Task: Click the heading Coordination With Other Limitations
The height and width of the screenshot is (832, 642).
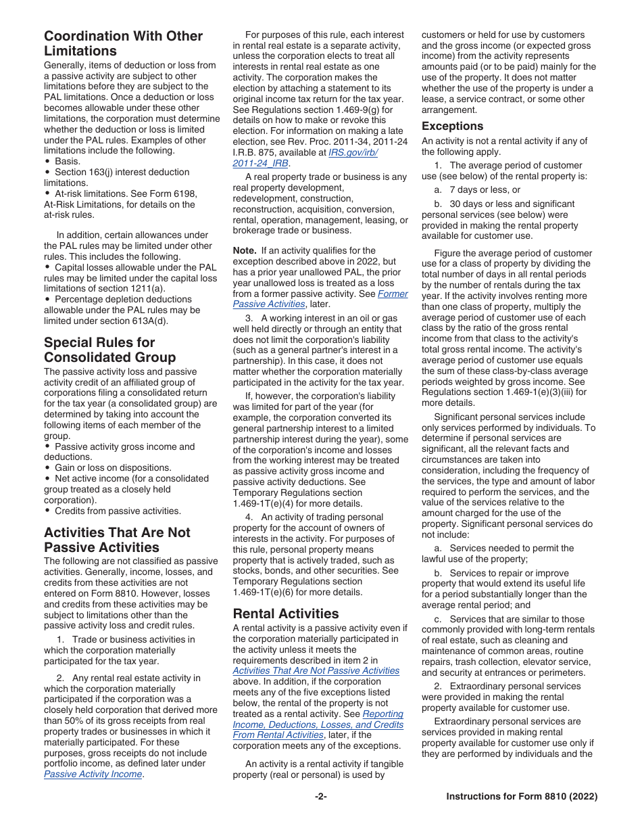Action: [x=123, y=43]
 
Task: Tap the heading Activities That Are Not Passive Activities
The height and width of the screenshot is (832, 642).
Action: [x=117, y=540]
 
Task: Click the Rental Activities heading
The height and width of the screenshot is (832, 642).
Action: [x=286, y=614]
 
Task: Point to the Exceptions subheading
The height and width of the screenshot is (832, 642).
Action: [x=452, y=126]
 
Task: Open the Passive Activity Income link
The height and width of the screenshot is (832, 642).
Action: [x=93, y=774]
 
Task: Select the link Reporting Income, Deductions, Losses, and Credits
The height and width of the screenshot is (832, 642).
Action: [x=318, y=724]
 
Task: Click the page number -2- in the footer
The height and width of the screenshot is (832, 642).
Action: [x=320, y=797]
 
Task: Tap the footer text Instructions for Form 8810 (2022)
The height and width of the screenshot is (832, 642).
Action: [x=522, y=797]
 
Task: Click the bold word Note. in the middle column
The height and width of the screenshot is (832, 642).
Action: [x=244, y=250]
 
